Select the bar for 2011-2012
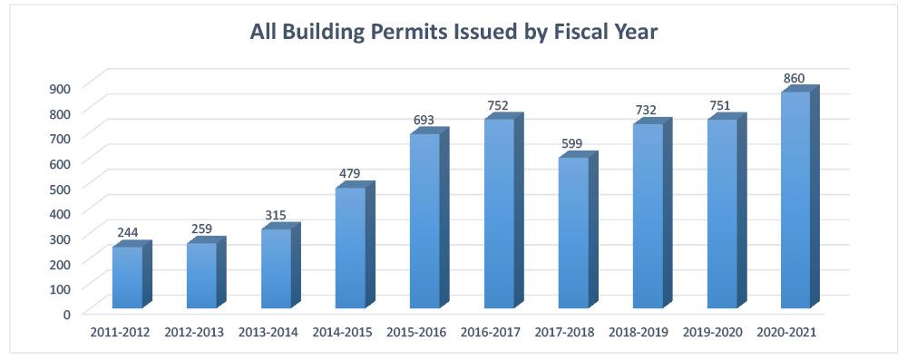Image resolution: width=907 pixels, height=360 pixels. (x=127, y=277)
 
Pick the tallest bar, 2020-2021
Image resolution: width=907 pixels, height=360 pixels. (x=795, y=199)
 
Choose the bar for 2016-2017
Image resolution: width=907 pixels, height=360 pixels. (x=499, y=213)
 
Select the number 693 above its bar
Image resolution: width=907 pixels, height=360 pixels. (x=424, y=120)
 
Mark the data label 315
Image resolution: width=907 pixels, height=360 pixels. (x=276, y=215)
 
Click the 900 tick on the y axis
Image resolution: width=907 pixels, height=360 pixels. (x=61, y=88)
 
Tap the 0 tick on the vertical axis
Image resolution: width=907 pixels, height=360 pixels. (x=66, y=315)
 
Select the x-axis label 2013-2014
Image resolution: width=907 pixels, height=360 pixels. (x=268, y=333)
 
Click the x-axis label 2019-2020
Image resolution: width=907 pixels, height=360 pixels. (x=712, y=333)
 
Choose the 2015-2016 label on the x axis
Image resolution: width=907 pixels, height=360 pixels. (x=416, y=333)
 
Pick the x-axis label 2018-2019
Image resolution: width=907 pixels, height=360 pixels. (x=638, y=333)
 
